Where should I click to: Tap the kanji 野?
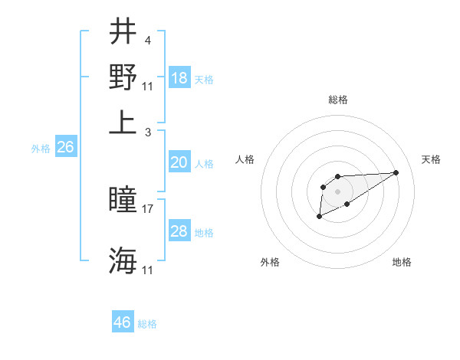click(123, 77)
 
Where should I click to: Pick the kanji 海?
click(123, 261)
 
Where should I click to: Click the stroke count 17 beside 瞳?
click(149, 208)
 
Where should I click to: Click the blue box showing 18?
click(179, 78)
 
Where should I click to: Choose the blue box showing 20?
click(179, 162)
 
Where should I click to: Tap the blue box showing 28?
click(179, 231)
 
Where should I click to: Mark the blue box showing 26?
click(65, 148)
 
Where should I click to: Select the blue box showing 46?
click(123, 322)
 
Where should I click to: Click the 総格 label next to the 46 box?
click(147, 324)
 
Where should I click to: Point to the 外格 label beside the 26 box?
click(41, 149)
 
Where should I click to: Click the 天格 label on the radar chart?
click(431, 159)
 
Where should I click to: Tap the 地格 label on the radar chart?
click(402, 262)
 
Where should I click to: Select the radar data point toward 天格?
click(396, 172)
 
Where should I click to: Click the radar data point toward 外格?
click(319, 218)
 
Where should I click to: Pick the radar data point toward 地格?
click(347, 204)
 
